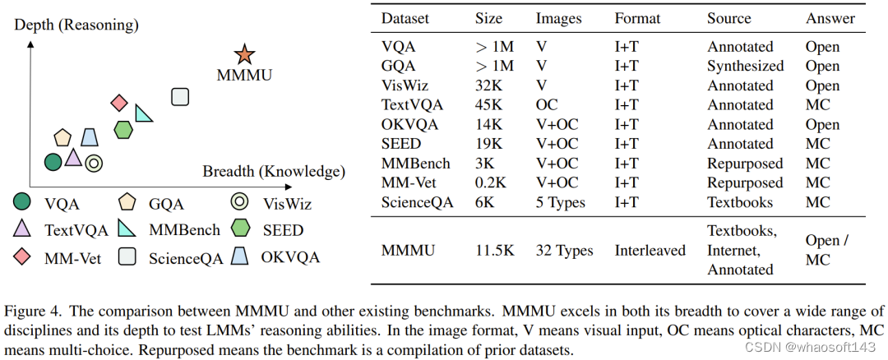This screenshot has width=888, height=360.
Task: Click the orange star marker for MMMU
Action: [x=243, y=55]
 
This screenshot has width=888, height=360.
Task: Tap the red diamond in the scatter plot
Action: [x=119, y=103]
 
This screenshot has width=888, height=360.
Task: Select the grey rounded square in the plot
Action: [x=180, y=97]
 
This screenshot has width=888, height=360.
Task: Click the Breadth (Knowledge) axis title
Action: [x=273, y=172]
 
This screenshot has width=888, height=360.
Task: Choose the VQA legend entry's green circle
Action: [x=23, y=201]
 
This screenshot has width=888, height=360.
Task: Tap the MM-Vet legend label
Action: [x=72, y=258]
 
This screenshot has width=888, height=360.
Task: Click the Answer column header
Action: [x=830, y=18]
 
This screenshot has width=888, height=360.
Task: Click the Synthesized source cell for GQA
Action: [x=745, y=66]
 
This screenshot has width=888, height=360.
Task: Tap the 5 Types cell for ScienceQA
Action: [x=560, y=203]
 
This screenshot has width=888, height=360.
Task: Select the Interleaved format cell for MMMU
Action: [x=650, y=251]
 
